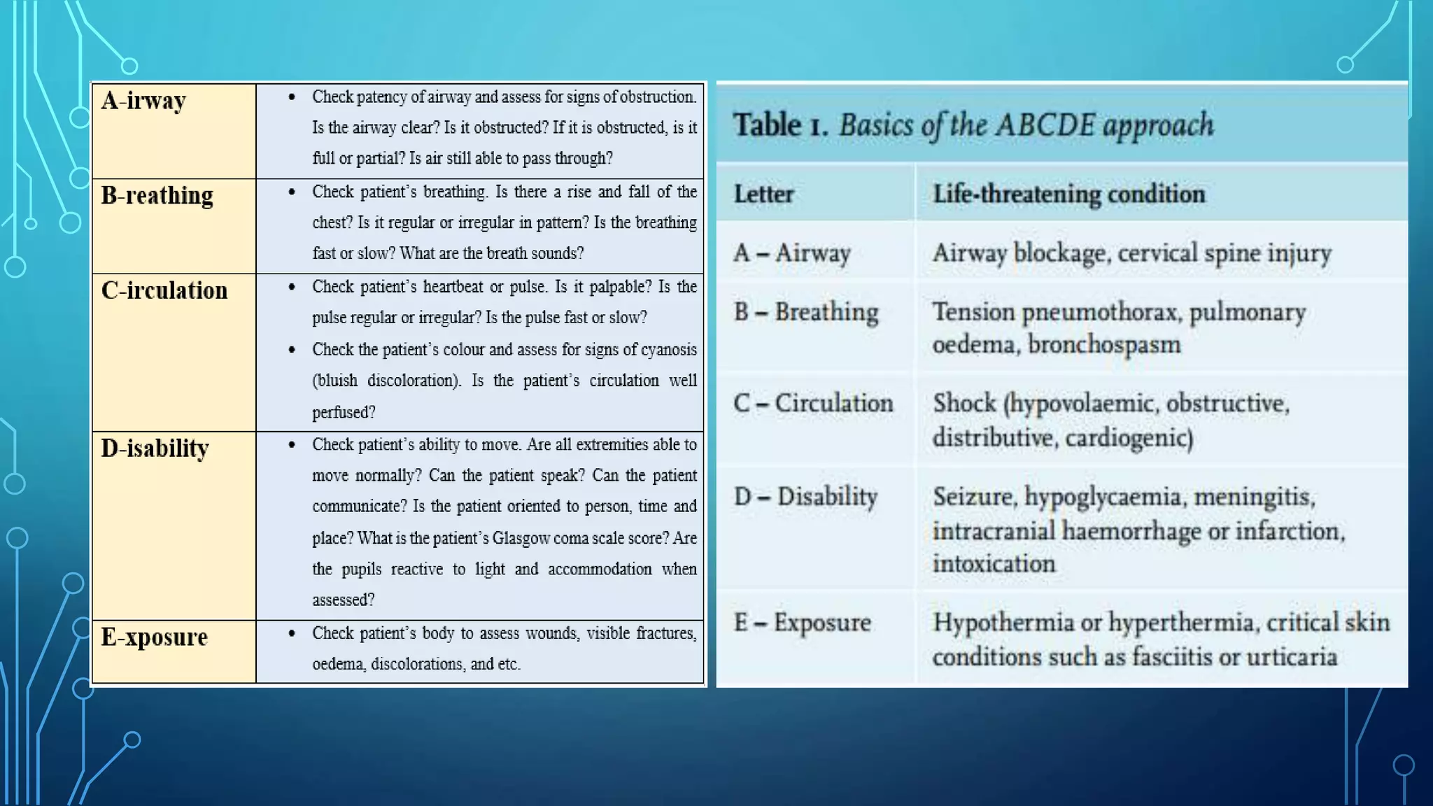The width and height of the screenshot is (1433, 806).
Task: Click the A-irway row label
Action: (x=143, y=101)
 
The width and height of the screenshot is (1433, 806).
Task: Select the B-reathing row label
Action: (x=157, y=196)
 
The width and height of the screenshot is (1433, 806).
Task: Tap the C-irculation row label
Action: (x=164, y=290)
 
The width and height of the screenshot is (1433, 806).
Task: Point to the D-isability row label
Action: (x=155, y=448)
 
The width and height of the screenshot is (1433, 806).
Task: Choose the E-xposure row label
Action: (x=154, y=637)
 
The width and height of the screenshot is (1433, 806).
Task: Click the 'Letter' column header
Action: (x=763, y=194)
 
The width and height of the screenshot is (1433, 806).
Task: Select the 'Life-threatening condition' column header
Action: (x=1068, y=194)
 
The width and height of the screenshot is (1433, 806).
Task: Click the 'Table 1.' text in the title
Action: (x=780, y=126)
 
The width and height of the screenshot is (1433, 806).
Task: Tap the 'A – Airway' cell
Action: (x=792, y=253)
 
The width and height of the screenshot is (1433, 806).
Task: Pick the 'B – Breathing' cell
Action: (x=806, y=312)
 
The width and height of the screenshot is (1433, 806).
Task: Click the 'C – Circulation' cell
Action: (x=813, y=404)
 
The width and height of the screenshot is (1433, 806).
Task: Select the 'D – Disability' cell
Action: (x=805, y=497)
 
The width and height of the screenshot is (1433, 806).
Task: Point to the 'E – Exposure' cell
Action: (x=802, y=623)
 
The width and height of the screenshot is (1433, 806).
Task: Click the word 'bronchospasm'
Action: (x=1104, y=345)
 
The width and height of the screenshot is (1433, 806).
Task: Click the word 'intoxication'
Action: (x=994, y=564)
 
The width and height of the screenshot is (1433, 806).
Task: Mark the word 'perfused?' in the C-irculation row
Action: (x=344, y=413)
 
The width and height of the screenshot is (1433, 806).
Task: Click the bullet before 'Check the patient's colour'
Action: (x=292, y=350)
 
